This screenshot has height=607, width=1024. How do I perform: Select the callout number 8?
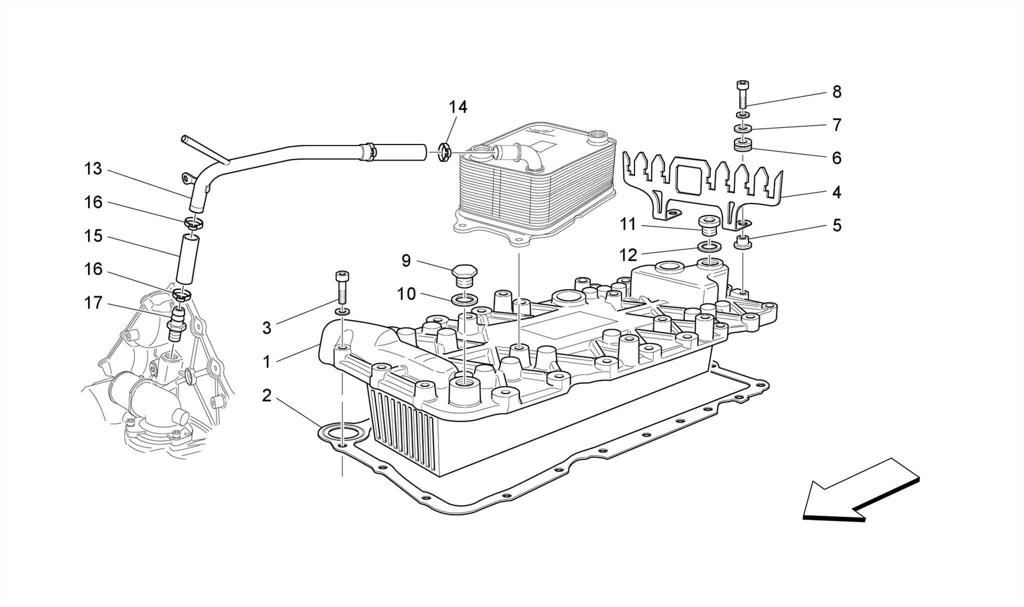836,92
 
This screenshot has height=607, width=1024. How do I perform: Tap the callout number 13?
93,169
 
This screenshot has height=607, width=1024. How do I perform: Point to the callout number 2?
266,396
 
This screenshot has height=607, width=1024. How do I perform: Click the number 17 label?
93,303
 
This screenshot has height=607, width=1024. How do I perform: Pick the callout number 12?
628,255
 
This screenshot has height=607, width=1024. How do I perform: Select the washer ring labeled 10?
464,300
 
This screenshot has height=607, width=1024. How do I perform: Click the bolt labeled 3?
342,287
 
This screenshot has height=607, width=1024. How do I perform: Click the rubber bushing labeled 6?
743,146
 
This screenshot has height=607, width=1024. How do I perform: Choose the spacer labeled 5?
743,243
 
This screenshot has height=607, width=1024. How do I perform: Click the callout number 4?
836,192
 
